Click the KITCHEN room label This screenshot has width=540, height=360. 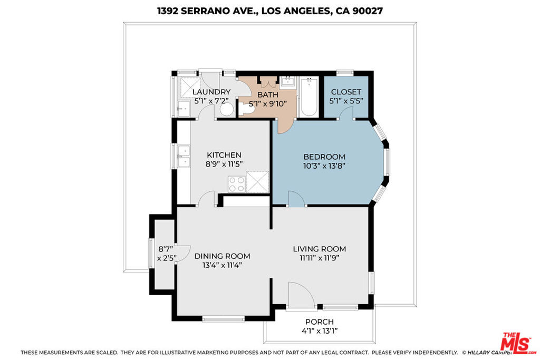click(224, 155)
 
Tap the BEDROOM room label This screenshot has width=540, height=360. click(324, 157)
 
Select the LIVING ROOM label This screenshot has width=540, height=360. click(319, 249)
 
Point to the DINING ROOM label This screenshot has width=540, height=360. click(222, 256)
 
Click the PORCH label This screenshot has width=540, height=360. click(319, 322)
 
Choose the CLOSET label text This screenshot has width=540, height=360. click(346, 92)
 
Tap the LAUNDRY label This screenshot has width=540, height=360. click(211, 92)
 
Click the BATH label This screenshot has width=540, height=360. click(267, 95)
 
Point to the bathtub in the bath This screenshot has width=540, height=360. click(308, 98)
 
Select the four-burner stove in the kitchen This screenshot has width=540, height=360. click(237, 184)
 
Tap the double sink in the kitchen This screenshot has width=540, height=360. click(184, 156)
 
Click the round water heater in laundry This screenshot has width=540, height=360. click(227, 110)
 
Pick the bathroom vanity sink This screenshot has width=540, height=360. click(287, 82)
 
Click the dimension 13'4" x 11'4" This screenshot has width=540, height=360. click(222, 265)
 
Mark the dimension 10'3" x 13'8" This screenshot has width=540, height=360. click(324, 166)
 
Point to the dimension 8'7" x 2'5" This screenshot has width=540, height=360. click(167, 254)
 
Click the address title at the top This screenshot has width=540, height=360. click(269, 11)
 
